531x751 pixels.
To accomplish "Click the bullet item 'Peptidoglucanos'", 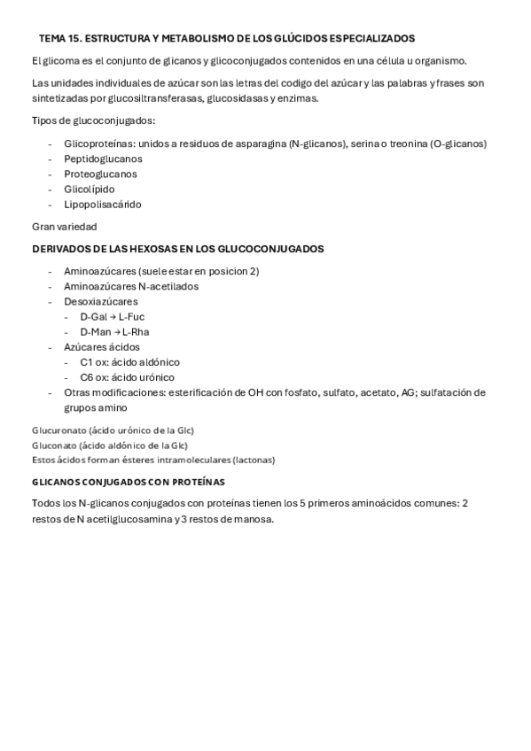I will tap(103, 159).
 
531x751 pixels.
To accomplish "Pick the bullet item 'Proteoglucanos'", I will tap(100, 174).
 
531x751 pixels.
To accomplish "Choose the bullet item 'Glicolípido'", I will tap(90, 189).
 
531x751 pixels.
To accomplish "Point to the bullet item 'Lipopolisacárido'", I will tap(103, 204).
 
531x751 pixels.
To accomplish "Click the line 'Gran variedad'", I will tap(64, 227).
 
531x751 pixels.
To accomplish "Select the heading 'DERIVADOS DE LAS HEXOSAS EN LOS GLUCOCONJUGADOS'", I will tap(177, 248).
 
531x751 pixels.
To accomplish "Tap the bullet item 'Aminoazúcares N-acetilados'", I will tap(131, 286).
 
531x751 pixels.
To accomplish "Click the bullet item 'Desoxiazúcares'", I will tap(101, 301).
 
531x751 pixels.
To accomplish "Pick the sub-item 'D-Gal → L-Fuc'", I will tap(112, 316).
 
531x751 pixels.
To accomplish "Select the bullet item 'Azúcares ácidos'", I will tap(102, 346).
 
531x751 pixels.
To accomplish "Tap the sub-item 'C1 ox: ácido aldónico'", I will tap(129, 361).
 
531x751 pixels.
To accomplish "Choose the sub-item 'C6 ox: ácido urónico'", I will tap(129, 376).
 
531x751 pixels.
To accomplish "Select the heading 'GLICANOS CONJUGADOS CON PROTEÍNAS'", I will tap(128, 482).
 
